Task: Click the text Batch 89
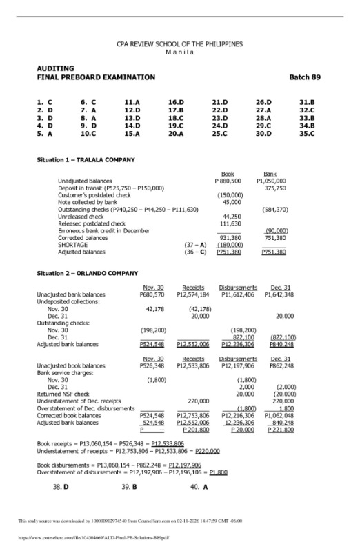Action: (x=304, y=77)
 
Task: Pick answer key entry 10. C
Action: (x=88, y=133)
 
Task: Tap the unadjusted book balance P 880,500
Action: (x=228, y=181)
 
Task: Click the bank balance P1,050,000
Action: (x=271, y=181)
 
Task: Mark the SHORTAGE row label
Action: (x=72, y=245)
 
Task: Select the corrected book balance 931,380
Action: (x=230, y=237)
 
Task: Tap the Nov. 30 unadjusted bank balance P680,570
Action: (x=152, y=294)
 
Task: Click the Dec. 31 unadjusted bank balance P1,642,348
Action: (x=280, y=294)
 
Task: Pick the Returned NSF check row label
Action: (x=67, y=394)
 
